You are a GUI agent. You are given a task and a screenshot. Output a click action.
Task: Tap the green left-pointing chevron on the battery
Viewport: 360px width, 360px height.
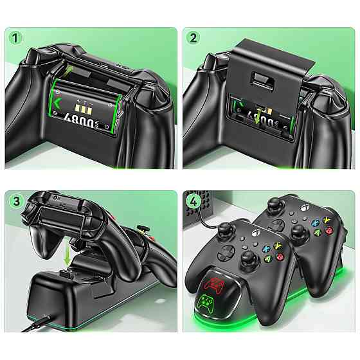click(60, 103)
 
